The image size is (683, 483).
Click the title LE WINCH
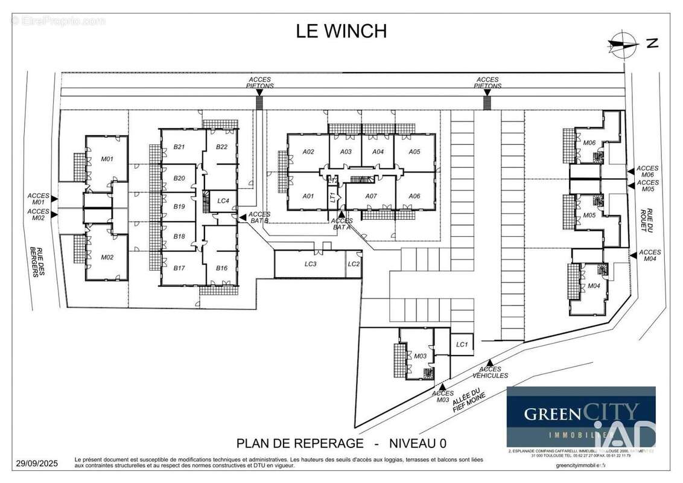coord(341,31)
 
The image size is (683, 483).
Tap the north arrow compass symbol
coord(624,43)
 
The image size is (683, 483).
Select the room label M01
coord(107,159)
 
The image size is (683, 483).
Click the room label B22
coord(221,147)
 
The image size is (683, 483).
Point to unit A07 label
coord(371,196)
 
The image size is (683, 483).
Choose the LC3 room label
coord(310,264)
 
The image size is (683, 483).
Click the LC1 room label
coord(462,344)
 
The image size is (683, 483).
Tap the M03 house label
coord(421,356)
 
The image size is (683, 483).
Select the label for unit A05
coord(414,152)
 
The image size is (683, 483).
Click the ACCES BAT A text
coord(342,224)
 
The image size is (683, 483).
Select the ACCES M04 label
coord(649,255)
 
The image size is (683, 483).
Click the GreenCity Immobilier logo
coord(580,417)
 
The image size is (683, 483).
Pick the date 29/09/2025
coord(36,464)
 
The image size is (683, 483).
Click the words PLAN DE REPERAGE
coord(300,444)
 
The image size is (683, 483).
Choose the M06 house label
coord(589,142)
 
